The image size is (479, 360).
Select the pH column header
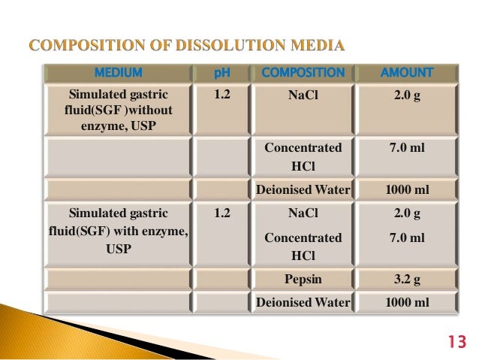tap(221, 73)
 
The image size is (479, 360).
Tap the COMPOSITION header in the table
tap(303, 73)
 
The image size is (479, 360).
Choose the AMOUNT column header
tap(408, 73)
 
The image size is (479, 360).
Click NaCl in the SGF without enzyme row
tap(303, 95)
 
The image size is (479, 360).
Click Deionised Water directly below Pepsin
tap(303, 303)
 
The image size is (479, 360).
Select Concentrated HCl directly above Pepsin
tap(303, 247)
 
